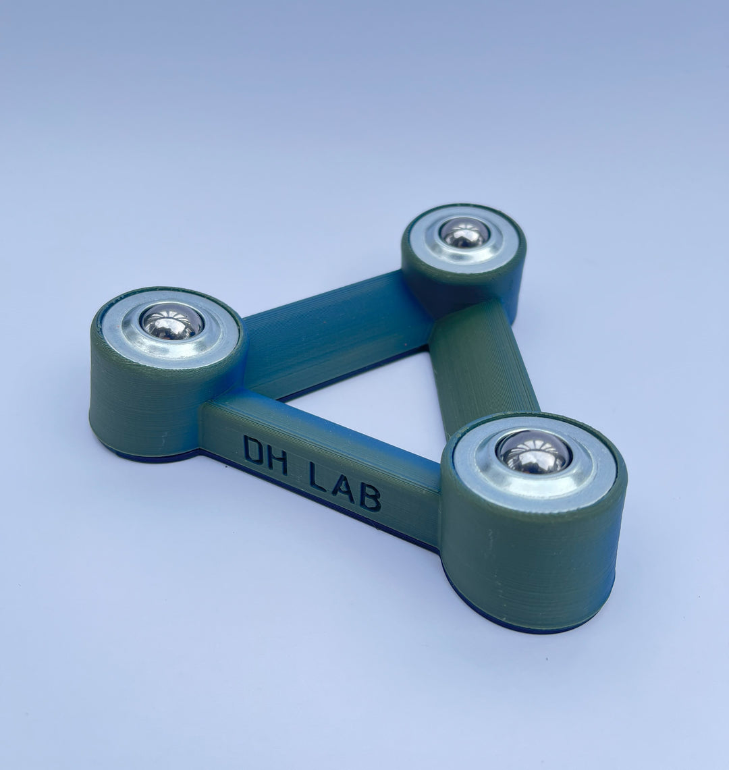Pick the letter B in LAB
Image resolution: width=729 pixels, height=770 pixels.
pyautogui.click(x=370, y=497)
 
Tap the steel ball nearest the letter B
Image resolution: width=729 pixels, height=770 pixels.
pyautogui.click(x=534, y=452)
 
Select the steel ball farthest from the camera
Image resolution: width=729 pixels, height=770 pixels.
pyautogui.click(x=464, y=232)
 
